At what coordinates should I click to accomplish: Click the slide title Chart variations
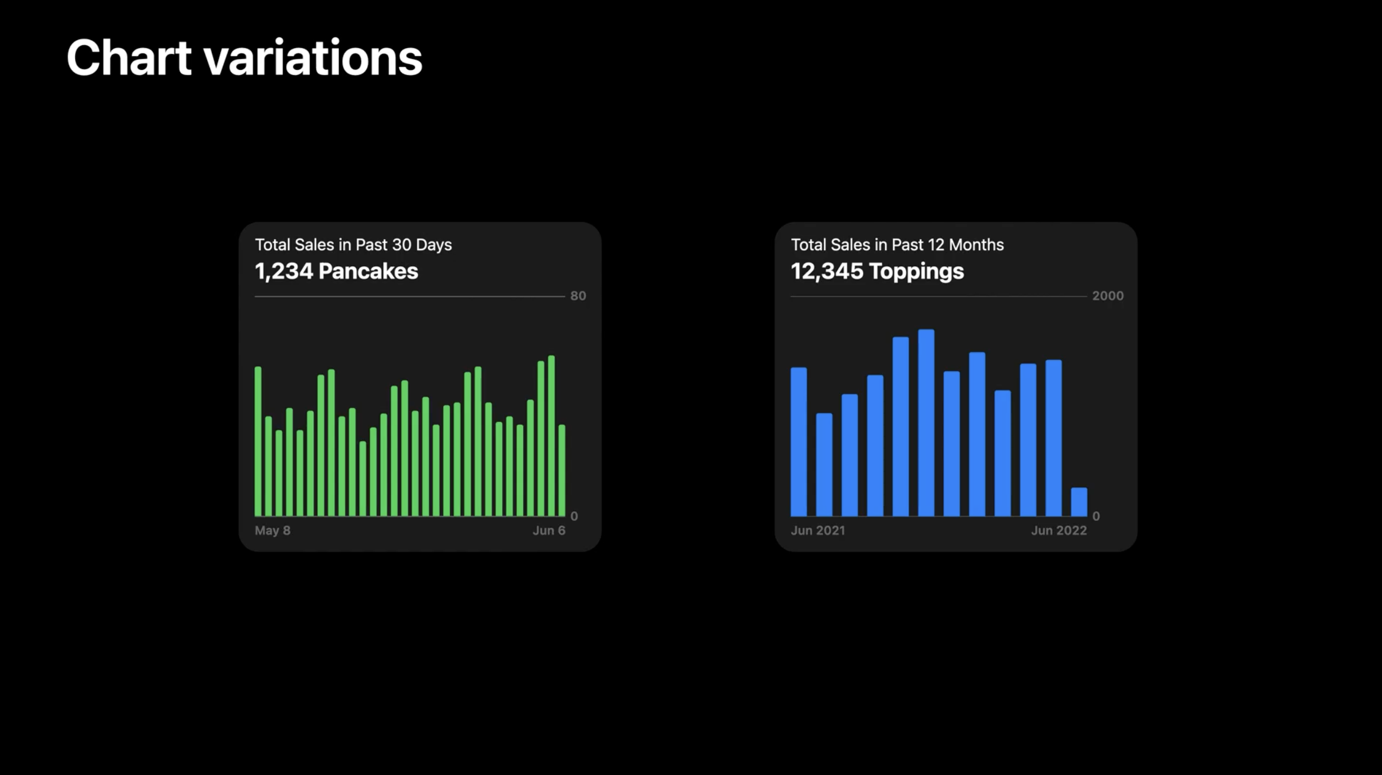(x=244, y=58)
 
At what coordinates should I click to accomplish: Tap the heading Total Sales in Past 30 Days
(x=353, y=245)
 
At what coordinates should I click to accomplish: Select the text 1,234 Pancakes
(x=336, y=271)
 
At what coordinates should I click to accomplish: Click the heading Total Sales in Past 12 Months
(x=897, y=245)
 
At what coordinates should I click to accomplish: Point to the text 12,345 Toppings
(x=877, y=271)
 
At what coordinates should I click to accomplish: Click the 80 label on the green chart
(x=578, y=296)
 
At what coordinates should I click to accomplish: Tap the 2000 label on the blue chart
(x=1107, y=296)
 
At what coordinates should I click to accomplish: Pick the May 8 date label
(x=273, y=531)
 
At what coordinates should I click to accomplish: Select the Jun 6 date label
(x=548, y=531)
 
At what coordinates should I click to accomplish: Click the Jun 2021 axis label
(x=818, y=531)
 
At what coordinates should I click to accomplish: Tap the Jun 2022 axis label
(x=1059, y=531)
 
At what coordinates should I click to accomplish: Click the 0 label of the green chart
(x=574, y=516)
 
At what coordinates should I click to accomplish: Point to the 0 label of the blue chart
(x=1096, y=516)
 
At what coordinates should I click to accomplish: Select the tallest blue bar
(x=926, y=424)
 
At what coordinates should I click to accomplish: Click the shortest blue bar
(x=1079, y=502)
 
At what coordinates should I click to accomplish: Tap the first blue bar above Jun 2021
(x=799, y=442)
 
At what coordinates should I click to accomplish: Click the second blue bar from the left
(x=824, y=465)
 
